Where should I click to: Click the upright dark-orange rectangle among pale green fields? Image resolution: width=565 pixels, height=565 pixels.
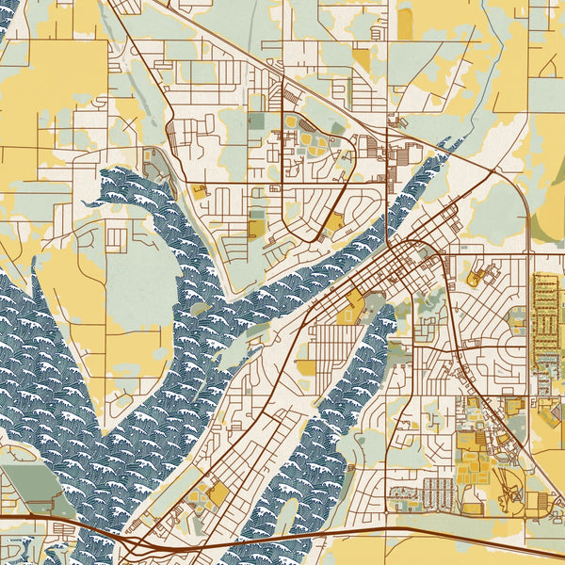coord(405,23)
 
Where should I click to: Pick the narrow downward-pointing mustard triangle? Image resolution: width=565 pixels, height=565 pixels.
coord(362,60)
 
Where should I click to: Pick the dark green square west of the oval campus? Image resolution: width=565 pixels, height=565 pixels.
coord(258,121)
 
